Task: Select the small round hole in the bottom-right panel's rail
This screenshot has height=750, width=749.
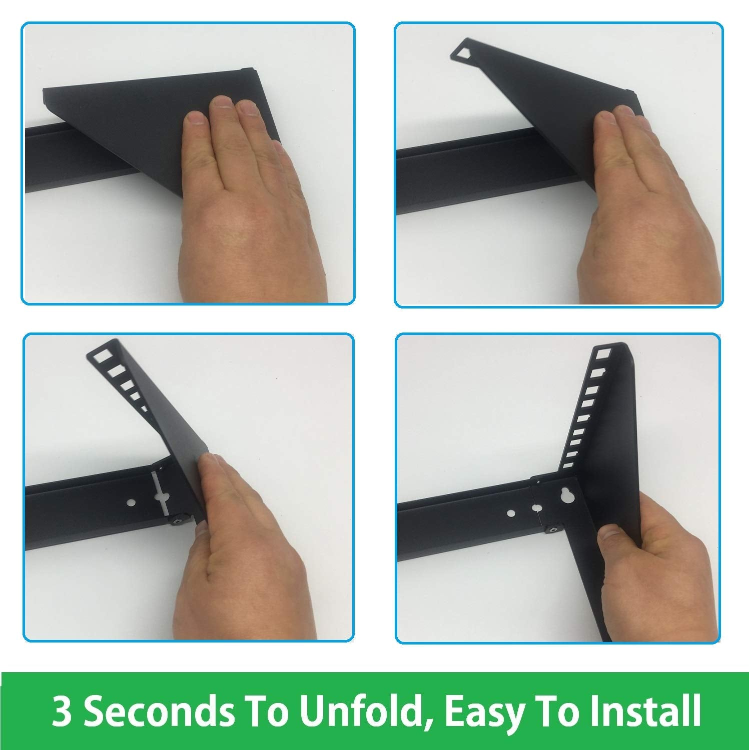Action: point(511,513)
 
